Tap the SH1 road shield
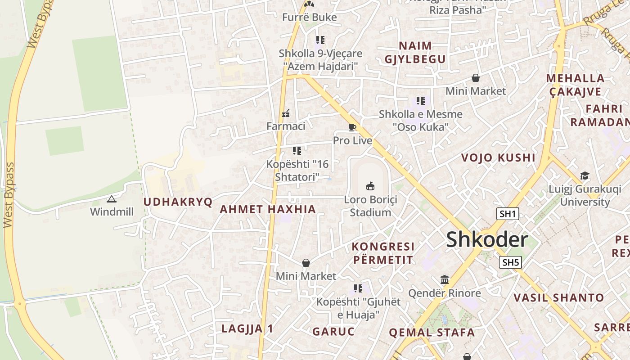508,214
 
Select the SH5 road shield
510,262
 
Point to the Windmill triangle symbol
111,199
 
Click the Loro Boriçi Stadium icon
370,186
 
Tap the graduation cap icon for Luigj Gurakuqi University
585,175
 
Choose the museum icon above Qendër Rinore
445,280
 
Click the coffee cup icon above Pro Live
352,128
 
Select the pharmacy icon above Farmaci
285,113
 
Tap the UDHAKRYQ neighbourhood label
178,202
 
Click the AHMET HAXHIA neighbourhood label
268,209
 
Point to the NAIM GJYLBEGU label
415,52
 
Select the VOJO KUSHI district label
499,158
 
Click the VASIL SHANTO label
559,297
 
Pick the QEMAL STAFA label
432,333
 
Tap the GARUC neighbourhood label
333,332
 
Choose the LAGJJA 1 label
247,328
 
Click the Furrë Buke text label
309,18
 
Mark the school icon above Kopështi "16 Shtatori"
297,150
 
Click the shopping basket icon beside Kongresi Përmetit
306,263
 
